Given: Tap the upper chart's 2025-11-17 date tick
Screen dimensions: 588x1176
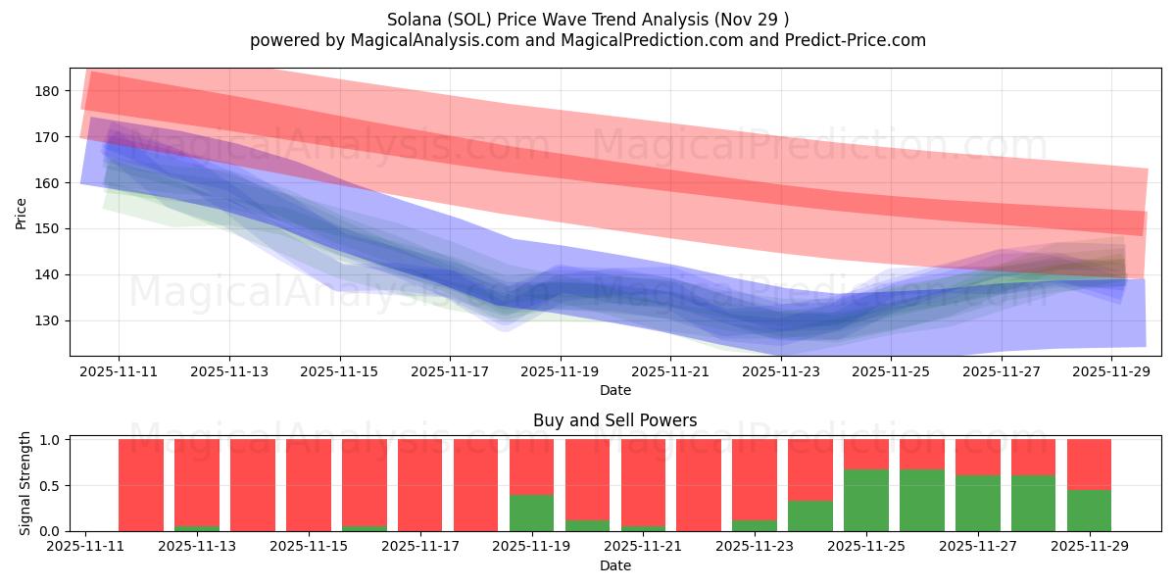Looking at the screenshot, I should point(450,371).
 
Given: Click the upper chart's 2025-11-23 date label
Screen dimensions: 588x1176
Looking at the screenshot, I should point(781,371).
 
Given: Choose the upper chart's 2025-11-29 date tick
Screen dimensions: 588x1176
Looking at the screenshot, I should point(1112,371).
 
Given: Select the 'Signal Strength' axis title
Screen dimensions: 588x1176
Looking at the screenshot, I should point(26,482).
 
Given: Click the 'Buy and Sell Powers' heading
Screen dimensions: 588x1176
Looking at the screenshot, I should point(614,421).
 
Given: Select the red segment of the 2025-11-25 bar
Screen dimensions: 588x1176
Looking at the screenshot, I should point(866,454).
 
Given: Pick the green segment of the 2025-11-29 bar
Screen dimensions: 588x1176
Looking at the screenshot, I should point(1089,510).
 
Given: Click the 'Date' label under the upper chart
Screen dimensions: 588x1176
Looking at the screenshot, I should point(614,390).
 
